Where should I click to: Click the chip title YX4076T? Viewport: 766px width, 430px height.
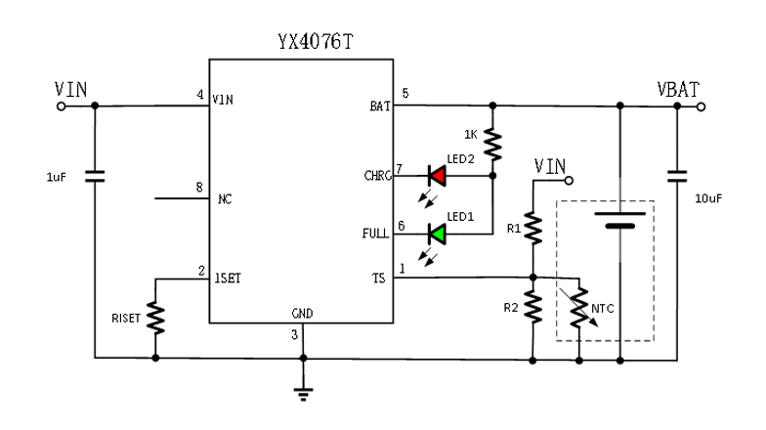coord(300,43)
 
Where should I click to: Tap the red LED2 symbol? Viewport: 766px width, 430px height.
coord(438,177)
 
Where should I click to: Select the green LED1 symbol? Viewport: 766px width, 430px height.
coord(438,234)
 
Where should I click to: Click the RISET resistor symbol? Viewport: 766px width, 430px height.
coord(155,314)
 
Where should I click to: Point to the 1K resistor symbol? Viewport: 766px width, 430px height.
coord(492,145)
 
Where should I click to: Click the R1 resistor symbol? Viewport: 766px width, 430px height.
coord(533,228)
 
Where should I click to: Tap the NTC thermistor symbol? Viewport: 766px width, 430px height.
coord(580,307)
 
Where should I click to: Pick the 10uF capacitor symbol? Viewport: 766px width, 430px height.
coord(676,177)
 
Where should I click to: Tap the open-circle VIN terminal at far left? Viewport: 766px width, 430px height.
coord(63,107)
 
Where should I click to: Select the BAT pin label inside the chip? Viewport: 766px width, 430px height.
coord(380,107)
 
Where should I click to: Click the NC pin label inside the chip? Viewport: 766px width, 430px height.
coord(224,199)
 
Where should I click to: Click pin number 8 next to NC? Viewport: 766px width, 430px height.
coord(199,187)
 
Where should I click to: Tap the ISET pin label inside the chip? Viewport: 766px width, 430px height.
coord(228,279)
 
